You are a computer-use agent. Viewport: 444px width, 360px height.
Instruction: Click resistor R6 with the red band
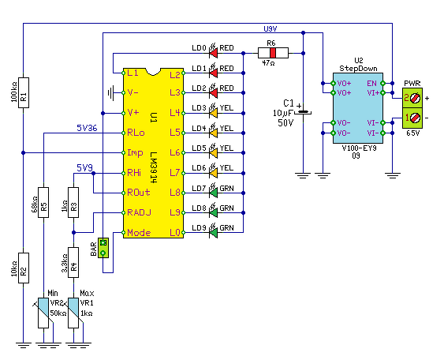[273, 53]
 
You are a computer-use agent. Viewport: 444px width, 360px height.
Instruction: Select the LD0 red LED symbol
[213, 51]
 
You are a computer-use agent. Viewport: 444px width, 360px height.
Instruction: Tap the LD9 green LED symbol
[213, 231]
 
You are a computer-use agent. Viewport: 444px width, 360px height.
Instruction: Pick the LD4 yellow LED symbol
[213, 132]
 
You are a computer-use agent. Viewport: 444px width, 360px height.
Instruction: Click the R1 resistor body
[24, 92]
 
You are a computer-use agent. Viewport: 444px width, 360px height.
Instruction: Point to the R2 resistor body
[24, 268]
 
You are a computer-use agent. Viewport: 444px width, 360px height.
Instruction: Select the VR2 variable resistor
[43, 313]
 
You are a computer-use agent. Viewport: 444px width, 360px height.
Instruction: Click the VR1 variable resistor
[73, 313]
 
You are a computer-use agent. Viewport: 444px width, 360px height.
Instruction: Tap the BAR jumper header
[103, 248]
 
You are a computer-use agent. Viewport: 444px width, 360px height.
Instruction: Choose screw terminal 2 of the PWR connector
[412, 98]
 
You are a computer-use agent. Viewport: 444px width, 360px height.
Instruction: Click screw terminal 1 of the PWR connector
[412, 118]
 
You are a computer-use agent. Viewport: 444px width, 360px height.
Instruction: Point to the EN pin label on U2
[371, 84]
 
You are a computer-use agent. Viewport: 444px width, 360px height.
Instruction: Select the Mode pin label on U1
[139, 233]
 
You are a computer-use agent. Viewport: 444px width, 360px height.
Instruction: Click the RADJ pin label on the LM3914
[139, 212]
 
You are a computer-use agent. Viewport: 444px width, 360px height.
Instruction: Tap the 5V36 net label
[87, 128]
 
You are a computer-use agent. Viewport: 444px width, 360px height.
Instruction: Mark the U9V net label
[271, 29]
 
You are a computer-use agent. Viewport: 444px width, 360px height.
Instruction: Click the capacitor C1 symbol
[303, 112]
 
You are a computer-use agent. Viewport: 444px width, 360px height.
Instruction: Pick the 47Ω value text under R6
[268, 63]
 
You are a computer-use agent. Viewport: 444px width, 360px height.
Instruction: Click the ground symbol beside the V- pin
[110, 92]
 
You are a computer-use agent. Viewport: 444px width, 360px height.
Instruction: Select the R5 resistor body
[43, 202]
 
